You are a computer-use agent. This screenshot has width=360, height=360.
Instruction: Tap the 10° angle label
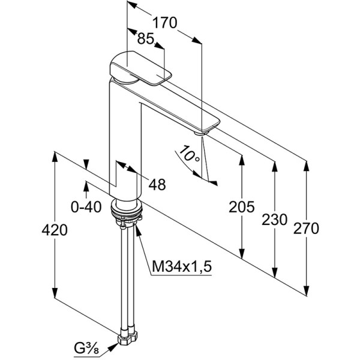pos(189,155)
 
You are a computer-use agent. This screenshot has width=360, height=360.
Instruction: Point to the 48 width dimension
pos(157,185)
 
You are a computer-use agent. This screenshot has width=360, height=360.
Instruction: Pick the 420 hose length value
pos(55,230)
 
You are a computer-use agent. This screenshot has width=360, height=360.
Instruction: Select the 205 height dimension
pos(242,207)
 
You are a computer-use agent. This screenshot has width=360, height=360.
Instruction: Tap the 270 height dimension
pos(307,229)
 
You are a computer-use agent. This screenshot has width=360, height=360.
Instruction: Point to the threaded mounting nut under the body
pos(126,210)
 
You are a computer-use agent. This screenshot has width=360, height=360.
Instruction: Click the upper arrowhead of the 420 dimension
pos(55,155)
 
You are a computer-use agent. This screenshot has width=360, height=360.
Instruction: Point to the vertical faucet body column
pos(125,144)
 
